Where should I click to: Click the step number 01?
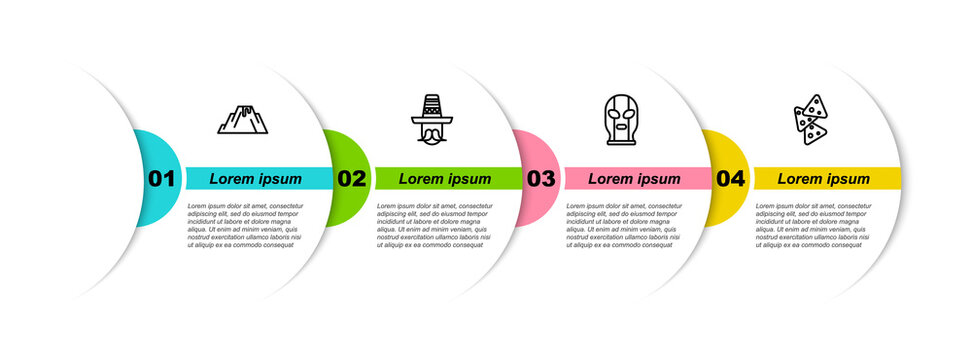[x=162, y=179]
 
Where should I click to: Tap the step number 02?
[x=352, y=179]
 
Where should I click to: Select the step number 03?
[x=541, y=179]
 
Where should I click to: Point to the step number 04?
[x=731, y=179]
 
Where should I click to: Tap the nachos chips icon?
[x=811, y=120]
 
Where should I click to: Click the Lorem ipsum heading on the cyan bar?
[x=256, y=179]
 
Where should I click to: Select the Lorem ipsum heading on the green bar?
[x=445, y=179]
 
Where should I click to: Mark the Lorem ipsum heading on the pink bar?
[x=634, y=179]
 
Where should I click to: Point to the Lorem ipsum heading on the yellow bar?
[x=824, y=179]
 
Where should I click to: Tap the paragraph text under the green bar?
[x=434, y=225]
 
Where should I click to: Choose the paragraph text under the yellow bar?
[x=813, y=225]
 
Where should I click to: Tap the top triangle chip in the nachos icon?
[x=816, y=105]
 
